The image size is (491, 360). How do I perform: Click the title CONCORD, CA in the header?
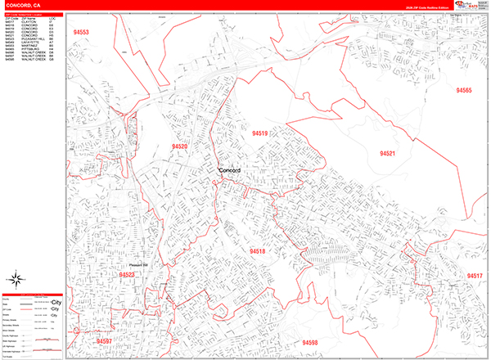click(x=24, y=5)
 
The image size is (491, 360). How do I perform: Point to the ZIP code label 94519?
click(x=260, y=133)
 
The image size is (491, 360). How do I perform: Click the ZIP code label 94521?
click(x=387, y=153)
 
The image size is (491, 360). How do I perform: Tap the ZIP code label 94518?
click(x=258, y=251)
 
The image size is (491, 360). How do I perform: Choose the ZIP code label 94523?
click(x=127, y=276)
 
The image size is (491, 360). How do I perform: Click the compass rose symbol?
click(x=17, y=276)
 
